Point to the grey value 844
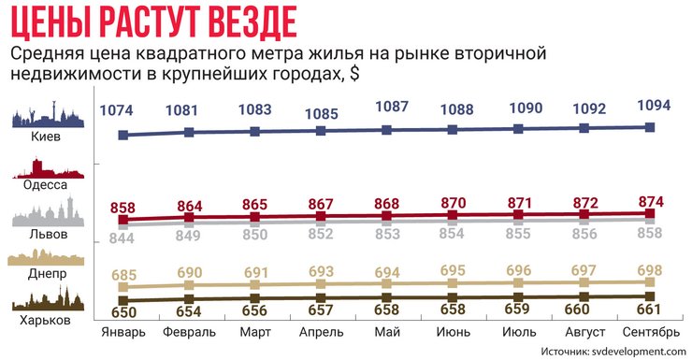(123, 239)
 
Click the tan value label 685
(123, 277)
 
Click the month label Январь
(123, 332)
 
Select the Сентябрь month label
(651, 332)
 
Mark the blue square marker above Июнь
(453, 129)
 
